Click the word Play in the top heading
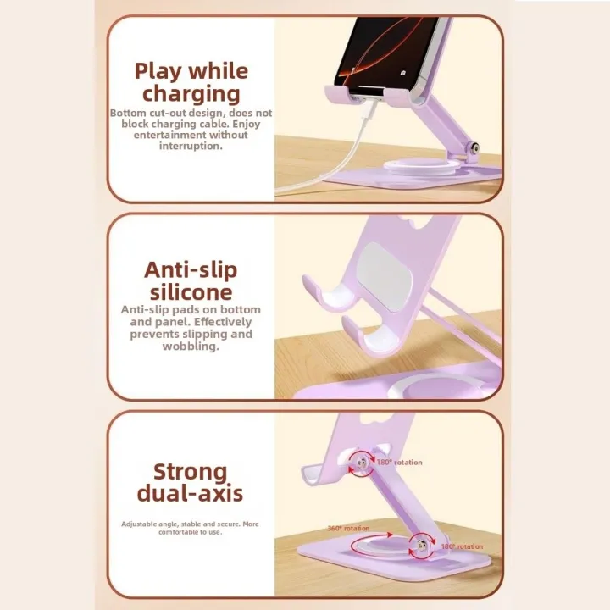(x=158, y=70)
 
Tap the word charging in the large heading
(x=191, y=93)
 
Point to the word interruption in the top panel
(x=190, y=146)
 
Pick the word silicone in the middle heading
(x=191, y=292)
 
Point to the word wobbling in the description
(x=192, y=347)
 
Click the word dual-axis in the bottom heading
(x=191, y=494)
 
